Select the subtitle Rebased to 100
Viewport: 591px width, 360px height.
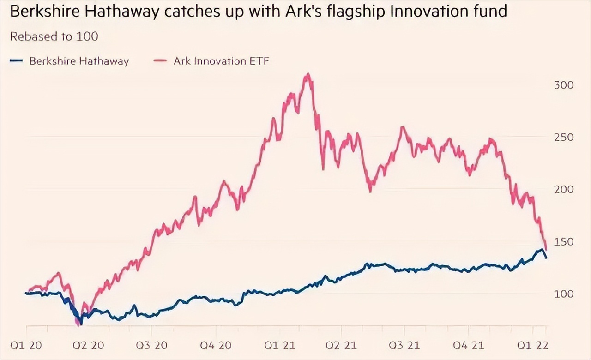point(54,36)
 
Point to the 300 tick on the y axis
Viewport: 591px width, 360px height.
point(563,85)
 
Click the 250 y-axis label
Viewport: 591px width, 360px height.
point(563,137)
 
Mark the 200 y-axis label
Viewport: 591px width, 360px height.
point(563,189)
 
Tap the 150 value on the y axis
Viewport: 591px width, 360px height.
point(563,241)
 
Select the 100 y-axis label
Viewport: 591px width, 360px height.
point(563,294)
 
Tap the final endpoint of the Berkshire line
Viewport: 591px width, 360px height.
point(546,258)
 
